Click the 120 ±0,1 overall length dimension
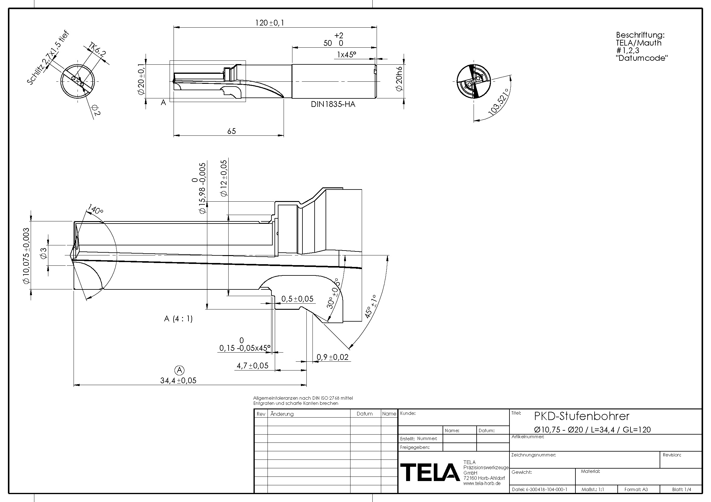[269, 23]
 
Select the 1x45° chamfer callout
[347, 55]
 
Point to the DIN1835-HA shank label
[333, 104]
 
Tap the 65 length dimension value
[231, 131]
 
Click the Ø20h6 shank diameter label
[399, 79]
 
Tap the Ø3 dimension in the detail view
[43, 254]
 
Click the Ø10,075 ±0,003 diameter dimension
[26, 255]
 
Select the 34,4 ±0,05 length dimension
[178, 381]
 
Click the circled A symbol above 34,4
[180, 370]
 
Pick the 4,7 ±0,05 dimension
[252, 366]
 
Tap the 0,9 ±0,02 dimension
[332, 357]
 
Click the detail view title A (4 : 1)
[178, 319]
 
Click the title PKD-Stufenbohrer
[582, 416]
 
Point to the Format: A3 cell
[636, 489]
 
